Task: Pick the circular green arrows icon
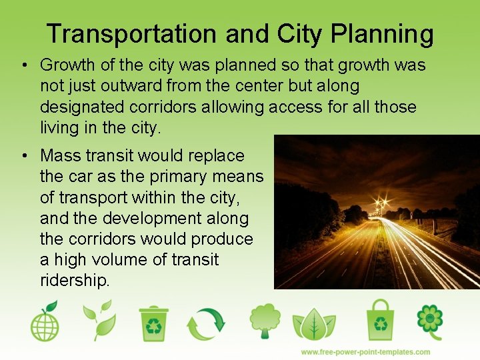pos(206,323)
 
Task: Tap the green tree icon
pos(265,321)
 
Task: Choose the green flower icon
pos(430,321)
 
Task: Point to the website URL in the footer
pos(365,351)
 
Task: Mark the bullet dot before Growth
pos(23,65)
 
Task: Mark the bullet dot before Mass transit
pos(23,156)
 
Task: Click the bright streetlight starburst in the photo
pos(382,203)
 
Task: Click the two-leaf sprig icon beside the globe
pos(99,321)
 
